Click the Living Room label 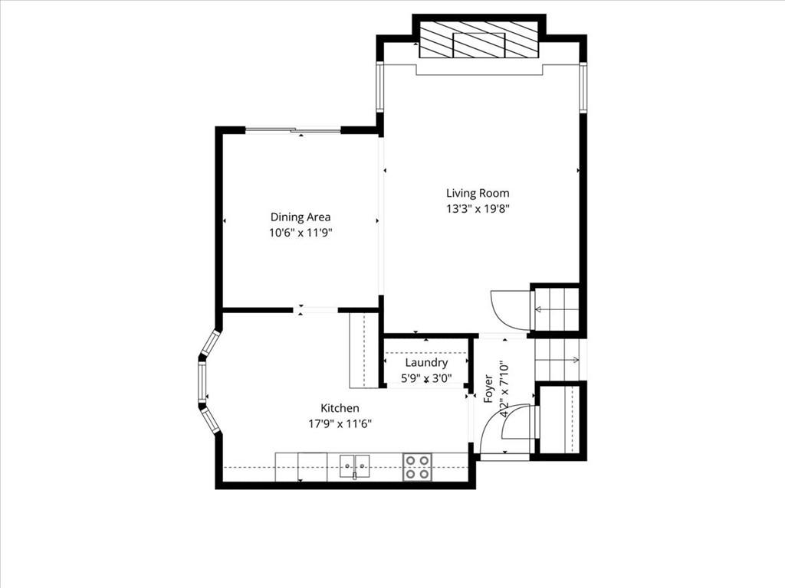tap(478, 193)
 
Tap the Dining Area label tap(301, 217)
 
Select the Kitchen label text tap(340, 408)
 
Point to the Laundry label tap(426, 362)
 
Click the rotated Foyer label tap(488, 388)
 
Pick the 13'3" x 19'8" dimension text tap(478, 208)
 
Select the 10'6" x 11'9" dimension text tap(301, 233)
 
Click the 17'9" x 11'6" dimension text tap(340, 424)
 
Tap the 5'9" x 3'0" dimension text tap(426, 378)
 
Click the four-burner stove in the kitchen tap(417, 467)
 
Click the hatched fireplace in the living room tap(478, 40)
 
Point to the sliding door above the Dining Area tap(294, 131)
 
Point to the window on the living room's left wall tap(380, 87)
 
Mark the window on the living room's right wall tap(583, 87)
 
